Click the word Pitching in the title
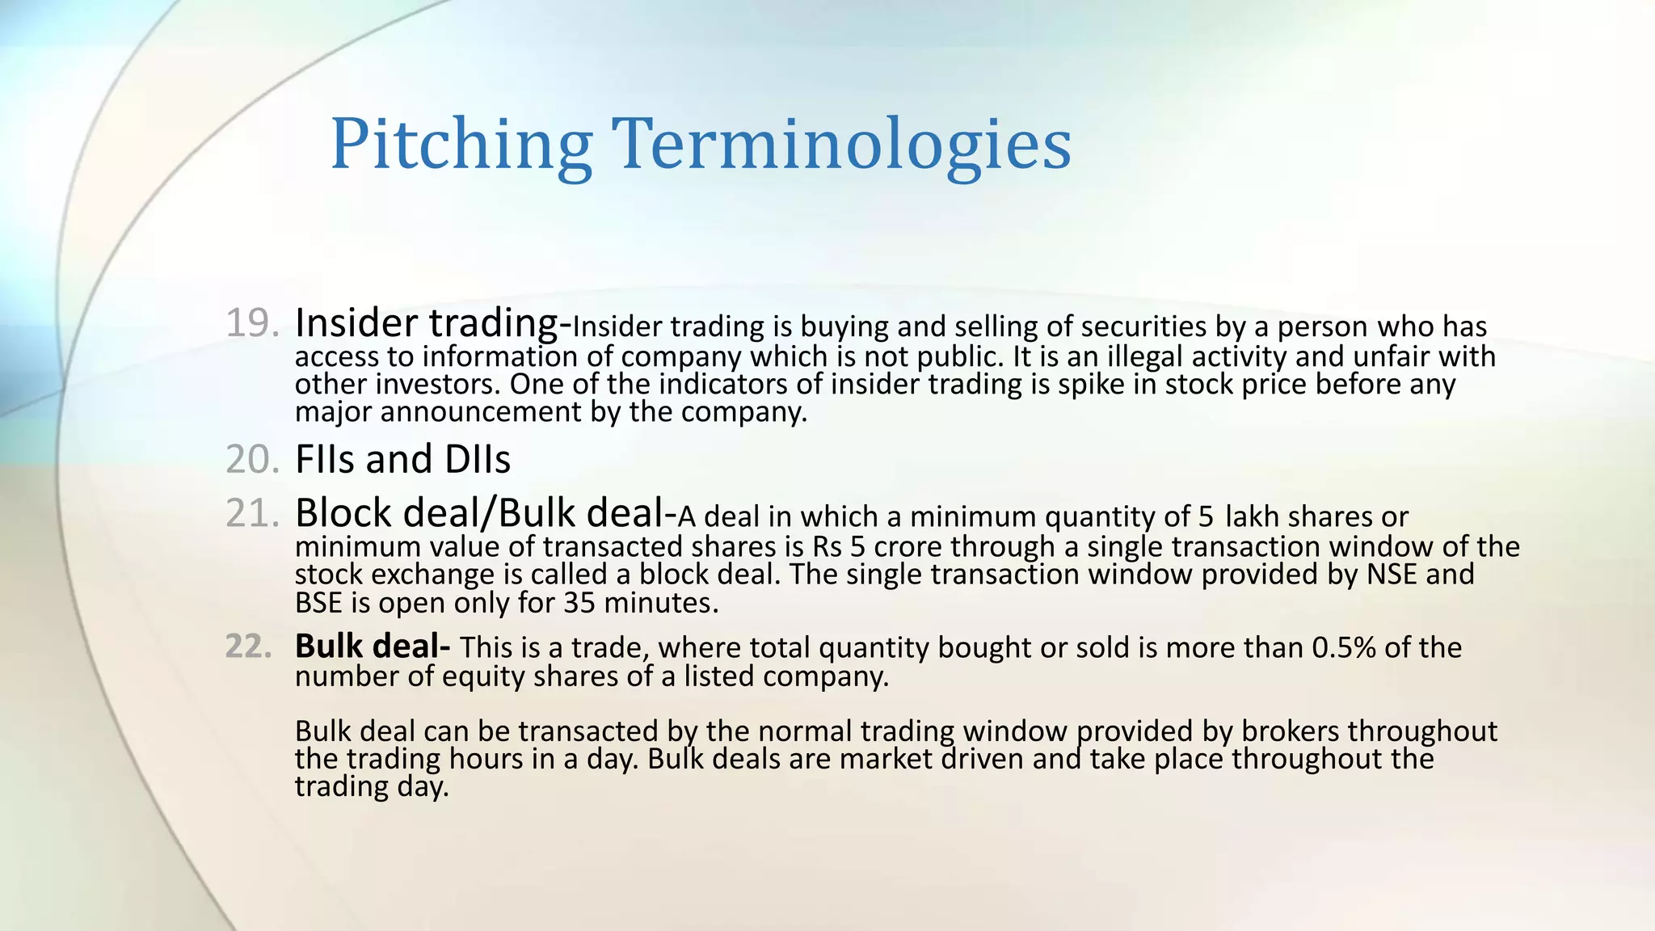461,145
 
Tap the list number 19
251,323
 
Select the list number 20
251,459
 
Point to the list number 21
251,513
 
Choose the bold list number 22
248,647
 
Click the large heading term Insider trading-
433,323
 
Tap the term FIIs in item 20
326,459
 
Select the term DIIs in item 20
478,459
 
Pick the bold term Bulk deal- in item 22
373,647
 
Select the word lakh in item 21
1253,516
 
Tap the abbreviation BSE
319,603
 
